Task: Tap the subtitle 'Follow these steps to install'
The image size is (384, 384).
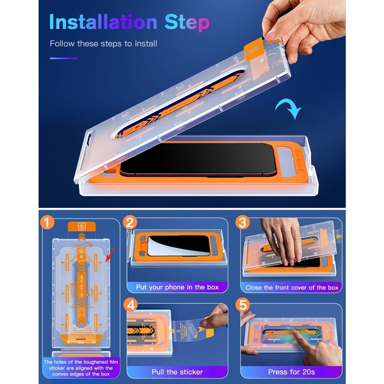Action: (x=103, y=43)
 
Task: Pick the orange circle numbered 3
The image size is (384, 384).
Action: (x=243, y=223)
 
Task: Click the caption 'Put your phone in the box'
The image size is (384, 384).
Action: (x=177, y=287)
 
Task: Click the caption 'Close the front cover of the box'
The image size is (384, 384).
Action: (x=292, y=287)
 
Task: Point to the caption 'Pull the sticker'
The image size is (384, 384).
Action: (x=177, y=372)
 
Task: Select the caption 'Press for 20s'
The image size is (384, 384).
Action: (x=291, y=372)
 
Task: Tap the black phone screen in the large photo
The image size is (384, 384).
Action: (x=198, y=159)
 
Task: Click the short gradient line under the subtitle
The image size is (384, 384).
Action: (x=64, y=58)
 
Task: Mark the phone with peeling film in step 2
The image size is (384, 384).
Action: (x=179, y=246)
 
